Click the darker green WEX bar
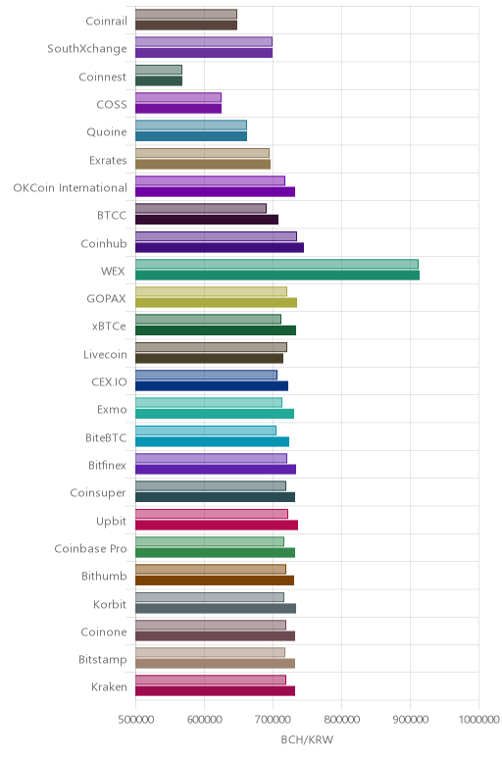(x=277, y=276)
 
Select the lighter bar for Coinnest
(x=158, y=70)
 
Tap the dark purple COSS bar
(x=178, y=109)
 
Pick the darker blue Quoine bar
(x=190, y=136)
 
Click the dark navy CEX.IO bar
(x=212, y=385)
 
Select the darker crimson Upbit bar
(x=217, y=525)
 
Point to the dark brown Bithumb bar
(x=215, y=580)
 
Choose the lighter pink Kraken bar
(x=211, y=680)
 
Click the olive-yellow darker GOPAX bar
(x=216, y=303)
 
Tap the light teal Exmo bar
(x=209, y=402)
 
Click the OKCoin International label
(x=70, y=188)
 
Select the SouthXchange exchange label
(x=87, y=49)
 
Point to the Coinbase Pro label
(x=91, y=548)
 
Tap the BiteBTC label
(x=106, y=438)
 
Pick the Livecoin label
(x=105, y=354)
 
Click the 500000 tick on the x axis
(x=135, y=720)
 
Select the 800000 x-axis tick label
(x=342, y=720)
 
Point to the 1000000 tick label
(x=478, y=720)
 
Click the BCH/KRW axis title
(x=307, y=739)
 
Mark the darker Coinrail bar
(x=186, y=25)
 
